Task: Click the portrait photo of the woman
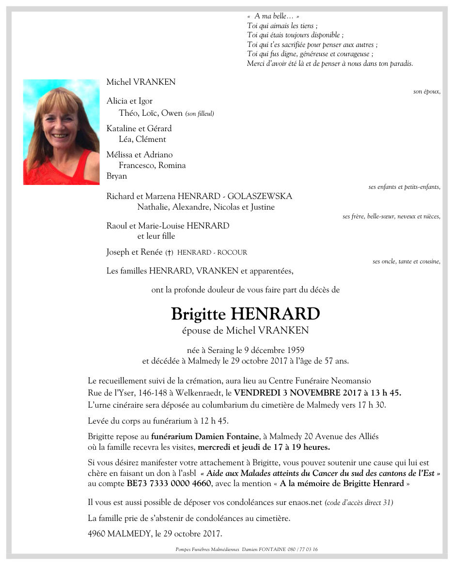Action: (x=61, y=132)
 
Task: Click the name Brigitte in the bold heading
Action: (x=198, y=314)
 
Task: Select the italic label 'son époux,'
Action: (x=426, y=92)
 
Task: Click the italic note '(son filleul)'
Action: (x=200, y=114)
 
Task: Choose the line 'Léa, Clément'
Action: (x=142, y=139)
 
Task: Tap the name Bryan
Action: (x=117, y=176)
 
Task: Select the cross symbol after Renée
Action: (x=169, y=253)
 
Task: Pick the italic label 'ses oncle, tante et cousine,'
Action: (x=406, y=261)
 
